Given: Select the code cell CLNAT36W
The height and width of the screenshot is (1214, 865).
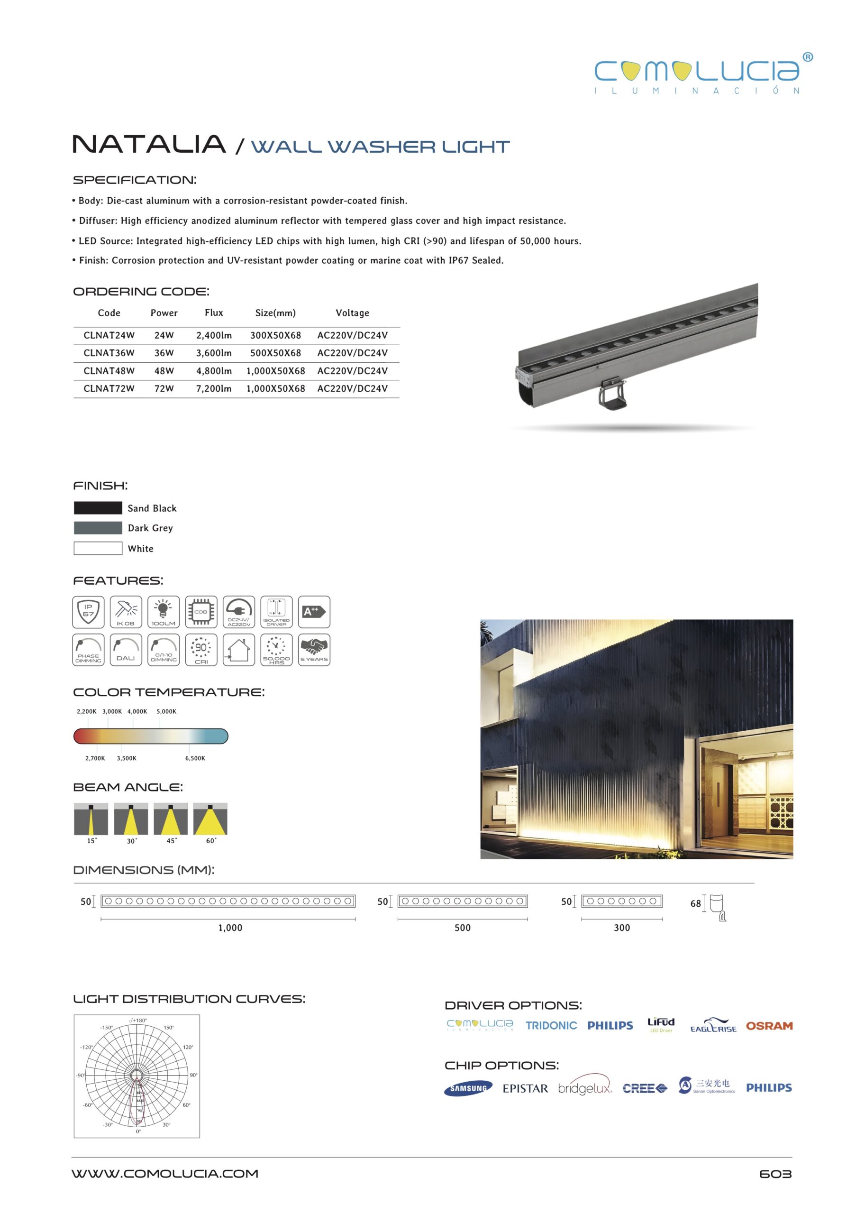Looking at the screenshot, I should [109, 353].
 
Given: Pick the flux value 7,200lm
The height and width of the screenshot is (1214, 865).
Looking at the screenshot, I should [214, 388].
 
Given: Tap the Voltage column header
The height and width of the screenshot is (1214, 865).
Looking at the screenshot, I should [352, 313].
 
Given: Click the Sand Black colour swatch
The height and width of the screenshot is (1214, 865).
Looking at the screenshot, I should [98, 508].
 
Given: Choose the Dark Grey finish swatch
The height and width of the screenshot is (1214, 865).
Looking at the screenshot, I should [98, 528].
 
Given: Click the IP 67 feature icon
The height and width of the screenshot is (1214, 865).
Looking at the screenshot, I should [89, 612].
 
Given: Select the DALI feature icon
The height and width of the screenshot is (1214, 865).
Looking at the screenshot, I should [126, 649].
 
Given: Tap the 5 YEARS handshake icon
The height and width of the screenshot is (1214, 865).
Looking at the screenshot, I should [314, 649].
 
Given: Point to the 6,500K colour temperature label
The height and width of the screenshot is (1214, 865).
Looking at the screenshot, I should [195, 758].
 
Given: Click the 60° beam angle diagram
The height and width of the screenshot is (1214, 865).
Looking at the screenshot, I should [210, 819].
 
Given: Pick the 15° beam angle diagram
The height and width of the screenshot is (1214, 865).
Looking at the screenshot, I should [91, 819].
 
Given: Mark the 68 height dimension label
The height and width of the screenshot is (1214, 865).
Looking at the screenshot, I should [695, 903].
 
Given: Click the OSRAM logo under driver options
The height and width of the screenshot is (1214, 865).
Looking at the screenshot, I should [769, 1026].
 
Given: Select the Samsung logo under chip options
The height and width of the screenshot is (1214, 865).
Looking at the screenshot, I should [468, 1088].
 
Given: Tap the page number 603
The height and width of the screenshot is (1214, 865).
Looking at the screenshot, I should [775, 1174].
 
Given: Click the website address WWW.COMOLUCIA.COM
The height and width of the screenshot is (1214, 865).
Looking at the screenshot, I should [165, 1174].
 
